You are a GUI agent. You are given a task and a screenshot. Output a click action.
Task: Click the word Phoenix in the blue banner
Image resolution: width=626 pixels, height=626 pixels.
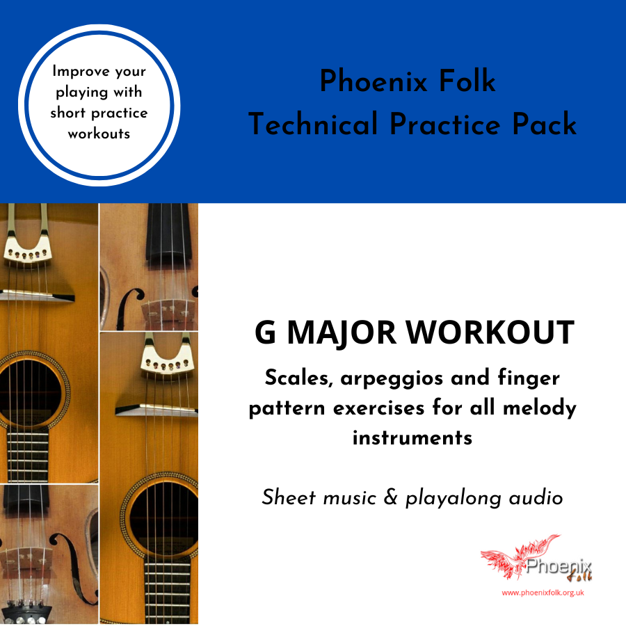click(374, 81)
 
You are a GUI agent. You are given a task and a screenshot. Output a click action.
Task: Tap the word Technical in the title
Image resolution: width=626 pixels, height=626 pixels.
click(313, 124)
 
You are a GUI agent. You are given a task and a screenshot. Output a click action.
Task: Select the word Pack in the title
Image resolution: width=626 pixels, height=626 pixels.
click(545, 124)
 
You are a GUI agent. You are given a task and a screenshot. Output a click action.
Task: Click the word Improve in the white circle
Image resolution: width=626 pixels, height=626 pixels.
click(81, 71)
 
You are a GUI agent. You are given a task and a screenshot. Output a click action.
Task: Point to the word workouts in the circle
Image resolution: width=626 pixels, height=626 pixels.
click(99, 134)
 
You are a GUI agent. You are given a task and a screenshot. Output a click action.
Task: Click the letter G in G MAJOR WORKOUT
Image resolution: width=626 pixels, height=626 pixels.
click(266, 332)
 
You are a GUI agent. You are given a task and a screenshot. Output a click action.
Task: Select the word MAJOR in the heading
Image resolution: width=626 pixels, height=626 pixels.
click(342, 333)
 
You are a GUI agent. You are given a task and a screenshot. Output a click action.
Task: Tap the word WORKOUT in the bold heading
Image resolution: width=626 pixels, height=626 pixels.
click(490, 332)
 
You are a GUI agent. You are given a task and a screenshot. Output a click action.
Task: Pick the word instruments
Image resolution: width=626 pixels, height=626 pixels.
click(412, 438)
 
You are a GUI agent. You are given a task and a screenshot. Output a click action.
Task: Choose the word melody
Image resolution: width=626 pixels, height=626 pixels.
click(540, 408)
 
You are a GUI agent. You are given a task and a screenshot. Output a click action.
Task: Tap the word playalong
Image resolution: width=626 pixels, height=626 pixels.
click(454, 498)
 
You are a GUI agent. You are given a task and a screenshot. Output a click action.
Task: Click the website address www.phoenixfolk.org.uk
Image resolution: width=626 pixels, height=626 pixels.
click(543, 593)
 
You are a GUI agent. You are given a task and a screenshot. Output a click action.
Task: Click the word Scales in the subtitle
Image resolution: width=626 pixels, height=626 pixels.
click(299, 378)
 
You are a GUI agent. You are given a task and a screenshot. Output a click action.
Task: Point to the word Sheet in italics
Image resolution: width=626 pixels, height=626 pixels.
click(289, 497)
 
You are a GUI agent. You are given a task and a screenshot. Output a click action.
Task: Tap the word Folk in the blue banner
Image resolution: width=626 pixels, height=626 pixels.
click(467, 81)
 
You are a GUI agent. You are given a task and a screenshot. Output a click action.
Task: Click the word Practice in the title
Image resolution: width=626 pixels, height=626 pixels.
click(444, 124)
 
